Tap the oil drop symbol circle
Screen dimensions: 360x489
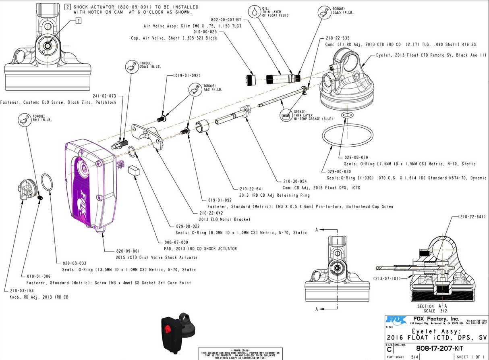[255, 12]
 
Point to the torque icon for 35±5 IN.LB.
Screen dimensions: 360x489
[324, 12]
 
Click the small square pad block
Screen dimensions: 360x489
[133, 170]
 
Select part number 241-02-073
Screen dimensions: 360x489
[104, 96]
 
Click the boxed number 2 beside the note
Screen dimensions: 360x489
[68, 7]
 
